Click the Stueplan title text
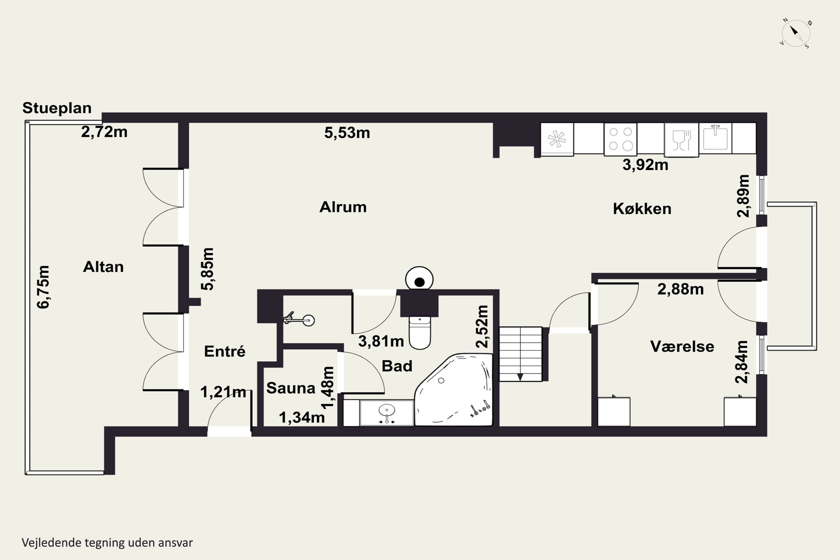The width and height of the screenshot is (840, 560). pyautogui.click(x=57, y=108)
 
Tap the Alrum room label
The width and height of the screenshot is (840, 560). pyautogui.click(x=343, y=207)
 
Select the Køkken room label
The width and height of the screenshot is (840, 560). pyautogui.click(x=642, y=209)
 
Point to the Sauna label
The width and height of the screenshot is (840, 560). pyautogui.click(x=291, y=388)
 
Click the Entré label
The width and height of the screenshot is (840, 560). pyautogui.click(x=225, y=351)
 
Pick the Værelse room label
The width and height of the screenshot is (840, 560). pyautogui.click(x=682, y=346)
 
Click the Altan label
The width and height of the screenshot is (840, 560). pyautogui.click(x=103, y=267)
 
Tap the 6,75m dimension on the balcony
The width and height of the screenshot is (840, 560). pyautogui.click(x=43, y=287)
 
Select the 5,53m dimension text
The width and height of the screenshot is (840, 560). pyautogui.click(x=347, y=133)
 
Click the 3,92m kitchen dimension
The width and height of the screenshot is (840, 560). pyautogui.click(x=645, y=165)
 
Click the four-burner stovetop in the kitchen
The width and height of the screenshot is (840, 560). pyautogui.click(x=620, y=139)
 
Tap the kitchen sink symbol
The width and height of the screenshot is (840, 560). pyautogui.click(x=715, y=138)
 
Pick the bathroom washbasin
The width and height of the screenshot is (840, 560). pyautogui.click(x=387, y=413)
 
